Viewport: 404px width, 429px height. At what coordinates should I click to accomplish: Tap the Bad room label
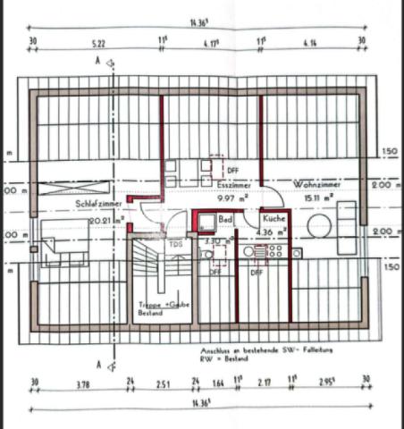click(225, 218)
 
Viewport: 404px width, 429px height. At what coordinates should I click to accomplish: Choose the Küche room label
click(274, 218)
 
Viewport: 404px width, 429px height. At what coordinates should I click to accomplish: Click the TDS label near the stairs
click(176, 242)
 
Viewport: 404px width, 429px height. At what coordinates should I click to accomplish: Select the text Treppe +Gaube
click(164, 305)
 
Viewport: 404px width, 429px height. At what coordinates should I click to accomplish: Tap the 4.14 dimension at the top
click(310, 42)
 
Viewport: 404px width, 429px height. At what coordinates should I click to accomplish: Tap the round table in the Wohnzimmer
click(318, 227)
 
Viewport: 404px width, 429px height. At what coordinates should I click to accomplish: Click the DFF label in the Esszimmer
click(232, 169)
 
